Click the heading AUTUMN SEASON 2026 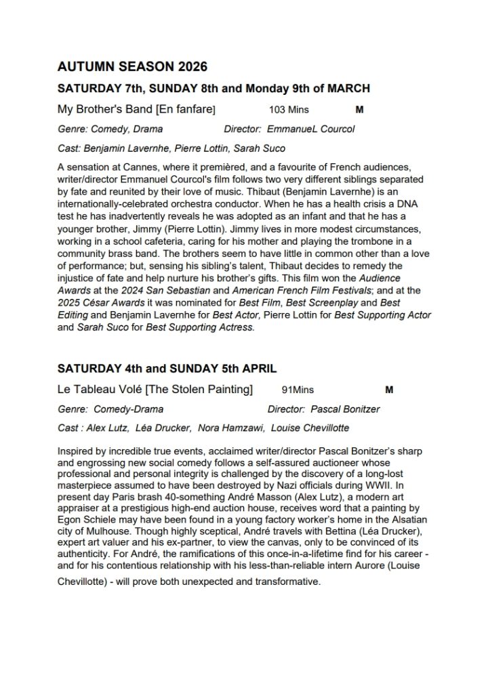coord(132,67)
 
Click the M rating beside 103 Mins coord(359,108)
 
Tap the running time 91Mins coord(298,390)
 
